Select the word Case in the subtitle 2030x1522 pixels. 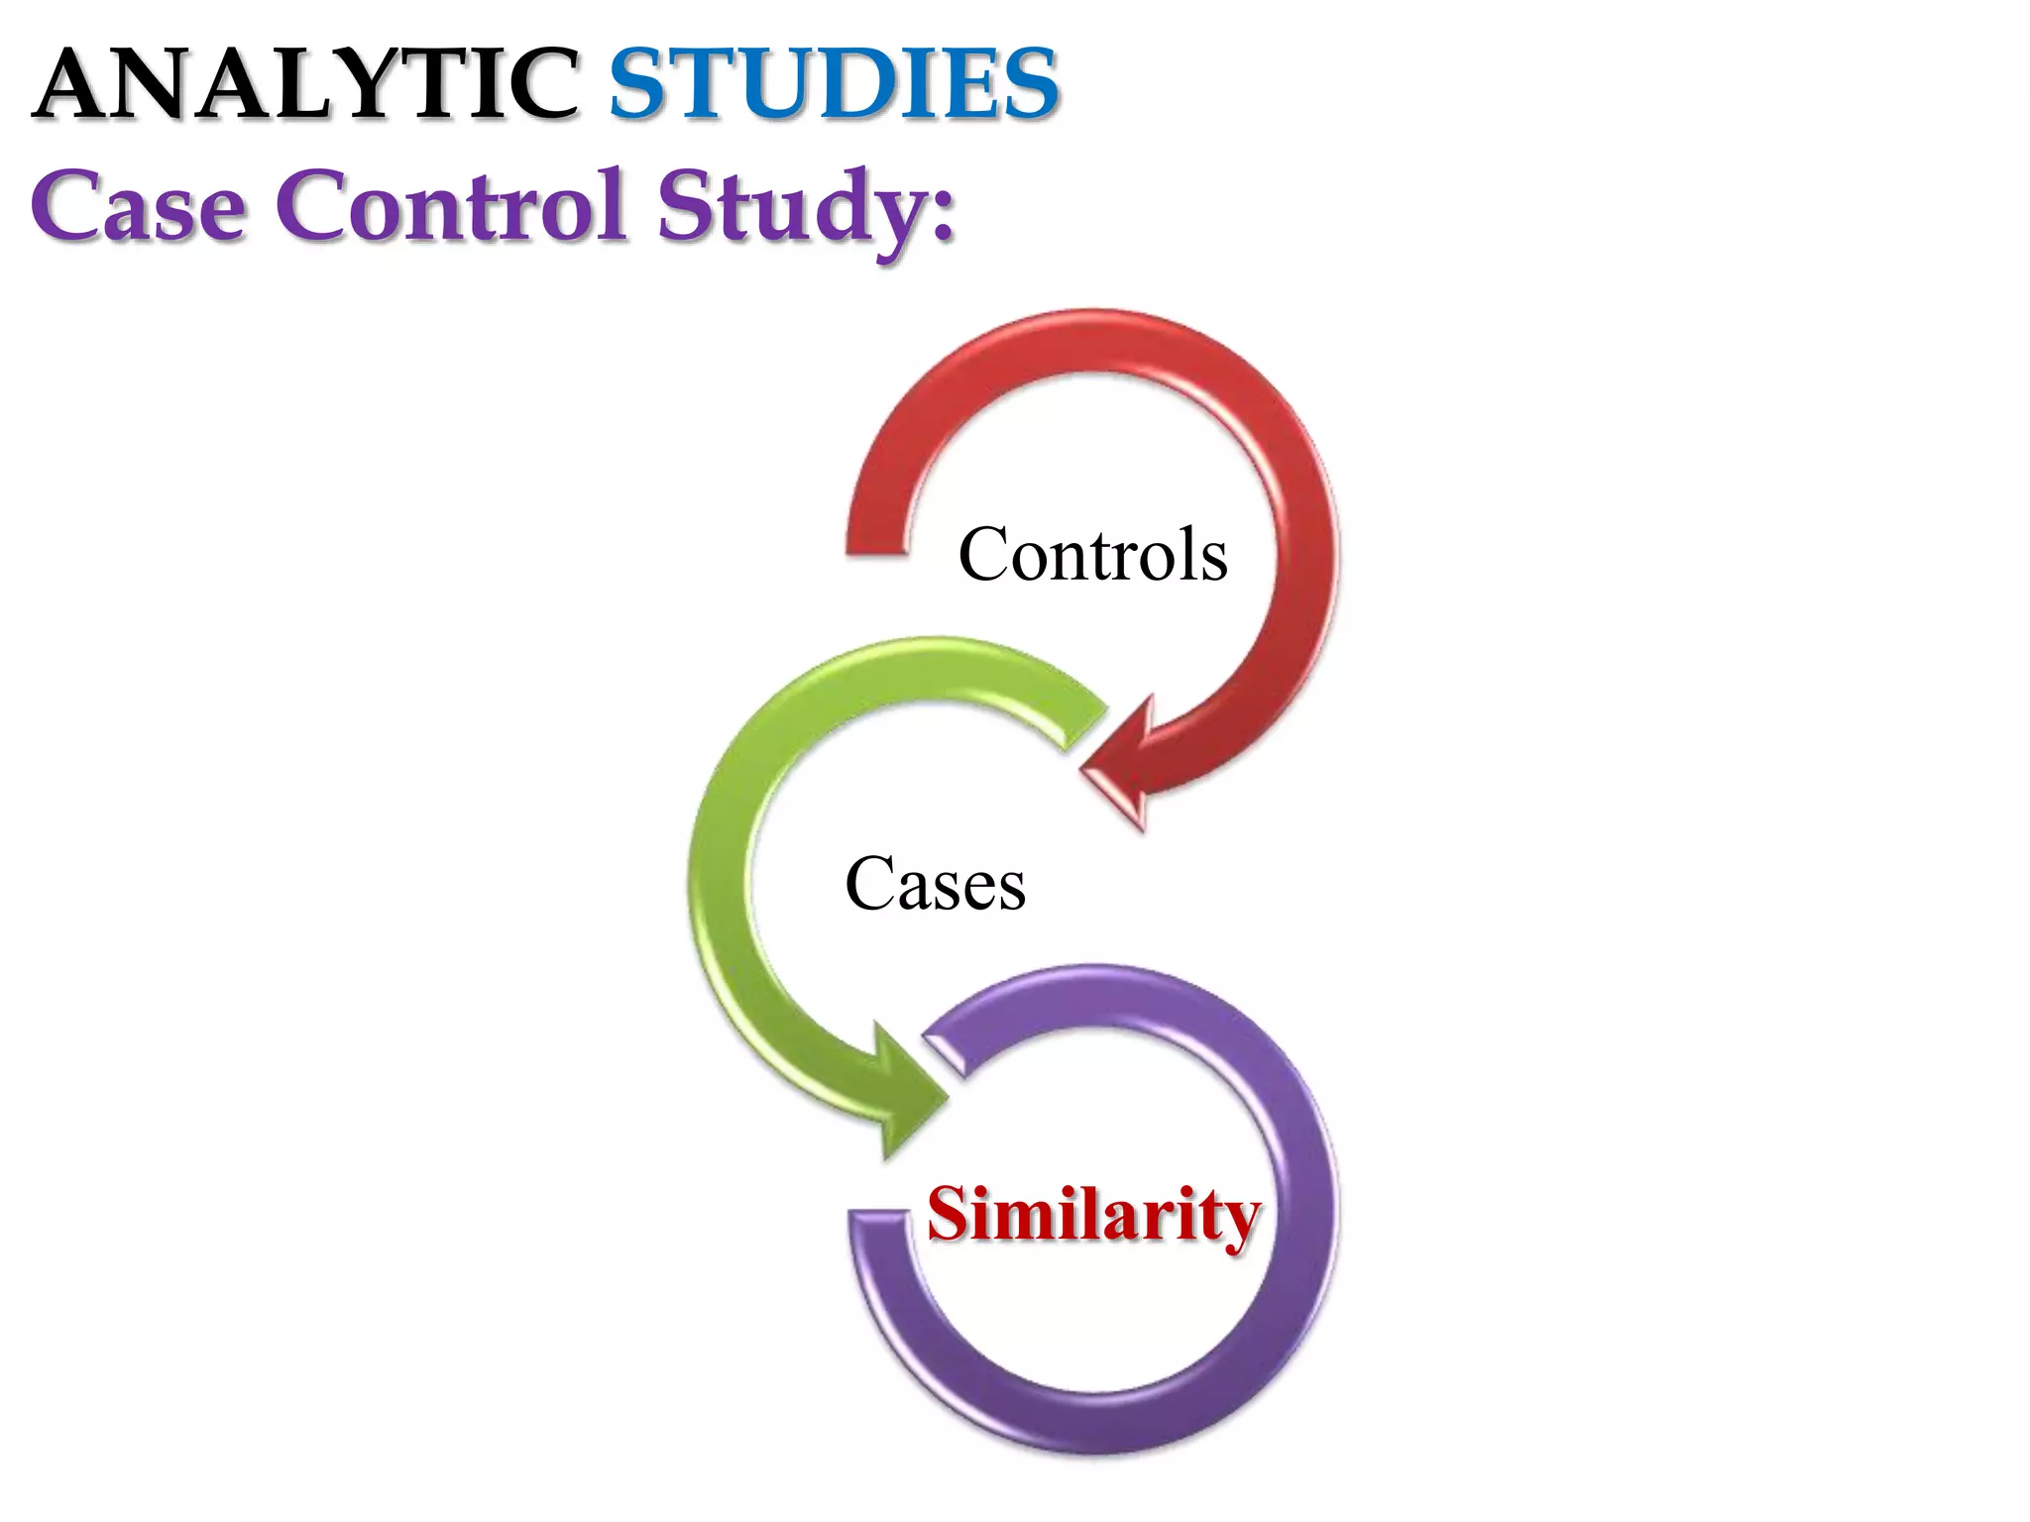[139, 206]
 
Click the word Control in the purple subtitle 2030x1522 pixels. [452, 206]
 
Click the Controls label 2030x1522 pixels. [1092, 555]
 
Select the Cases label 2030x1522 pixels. [935, 884]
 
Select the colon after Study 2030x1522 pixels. [944, 213]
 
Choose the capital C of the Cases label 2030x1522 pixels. [868, 884]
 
